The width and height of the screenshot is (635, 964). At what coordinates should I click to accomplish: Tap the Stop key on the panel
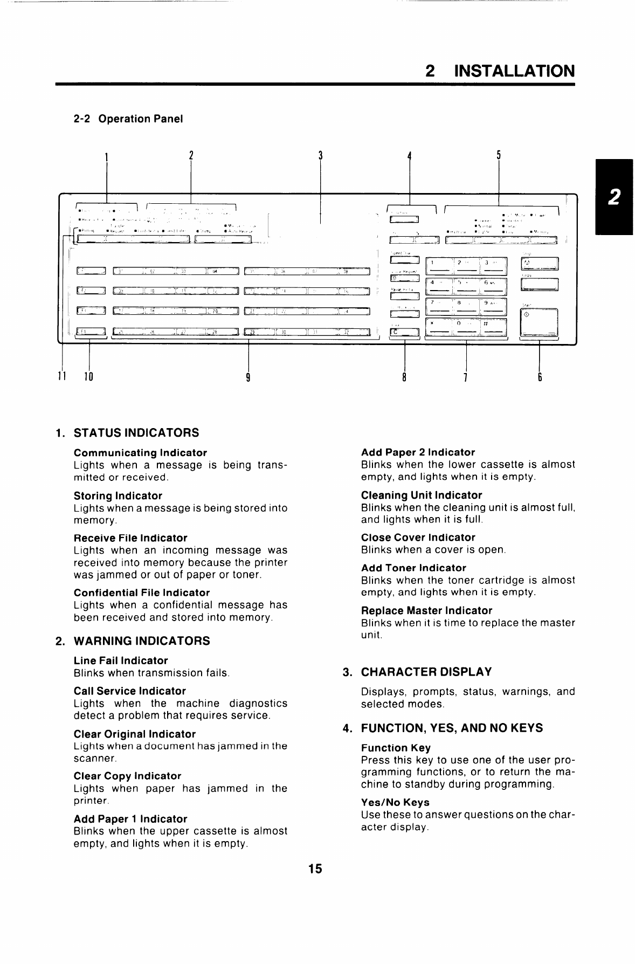(540, 264)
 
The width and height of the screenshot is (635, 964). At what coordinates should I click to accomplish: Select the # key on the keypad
(492, 327)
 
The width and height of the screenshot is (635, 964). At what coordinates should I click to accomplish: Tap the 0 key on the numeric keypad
(465, 327)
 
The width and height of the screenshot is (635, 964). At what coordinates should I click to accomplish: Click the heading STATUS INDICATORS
(136, 432)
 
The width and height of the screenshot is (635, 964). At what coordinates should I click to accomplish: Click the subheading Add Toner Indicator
(413, 568)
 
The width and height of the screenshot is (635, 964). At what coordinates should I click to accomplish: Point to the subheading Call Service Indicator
(129, 691)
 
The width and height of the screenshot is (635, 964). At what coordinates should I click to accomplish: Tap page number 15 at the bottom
(315, 869)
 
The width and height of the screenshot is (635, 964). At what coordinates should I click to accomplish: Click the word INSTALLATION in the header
(514, 71)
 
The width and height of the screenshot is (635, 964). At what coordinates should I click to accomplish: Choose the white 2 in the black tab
(614, 197)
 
